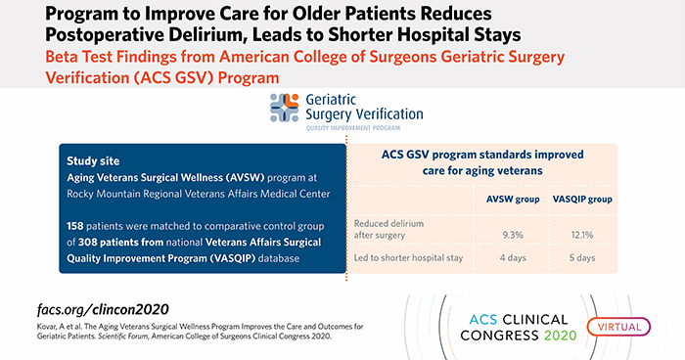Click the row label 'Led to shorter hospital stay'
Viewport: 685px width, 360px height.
tap(406, 257)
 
